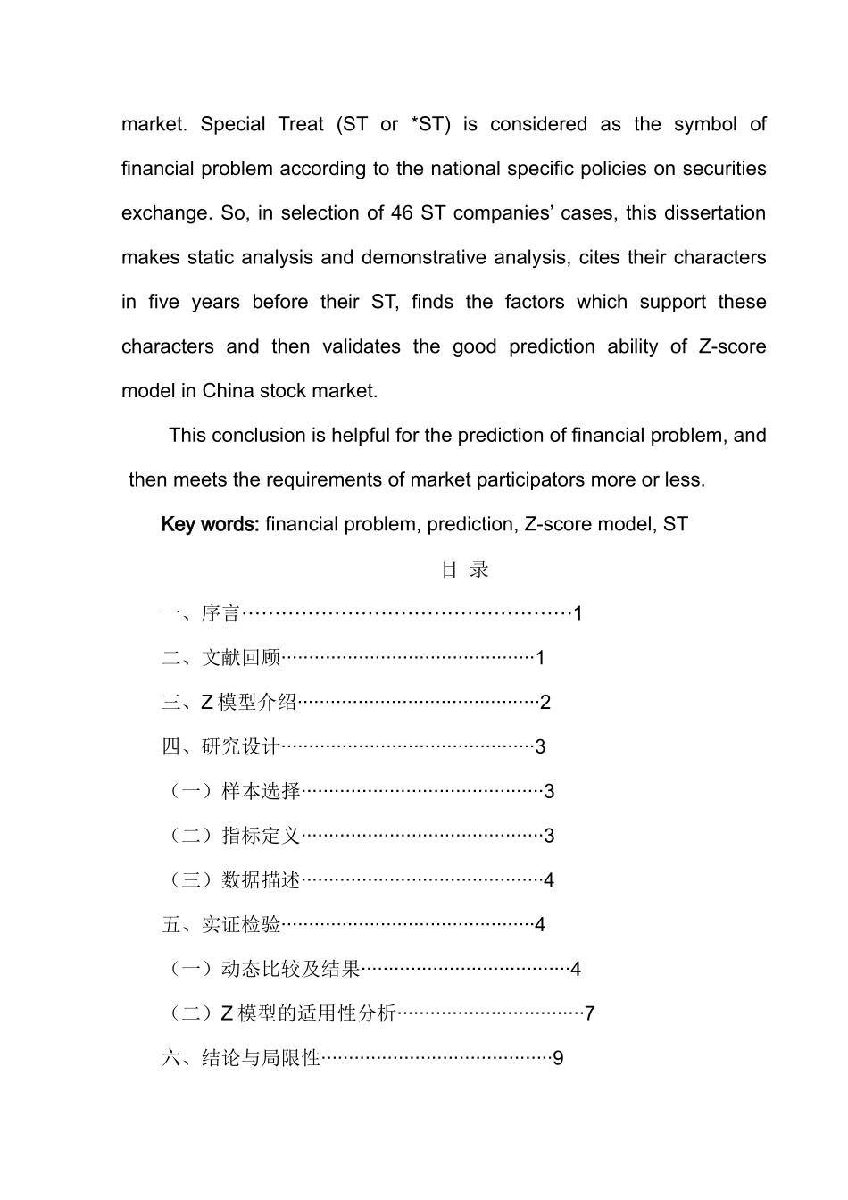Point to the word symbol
pos(705,124)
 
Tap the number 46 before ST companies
pos(401,213)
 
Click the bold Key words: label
pos(211,524)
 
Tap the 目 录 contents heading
pos(465,570)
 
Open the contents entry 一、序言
pos(201,613)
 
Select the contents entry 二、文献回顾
pos(221,658)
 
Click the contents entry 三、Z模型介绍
pos(229,703)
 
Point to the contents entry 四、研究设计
pos(221,746)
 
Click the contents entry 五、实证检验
pos(221,925)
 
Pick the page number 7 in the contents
pos(590,1013)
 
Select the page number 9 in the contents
pos(558,1058)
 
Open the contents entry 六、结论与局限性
pos(241,1058)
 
